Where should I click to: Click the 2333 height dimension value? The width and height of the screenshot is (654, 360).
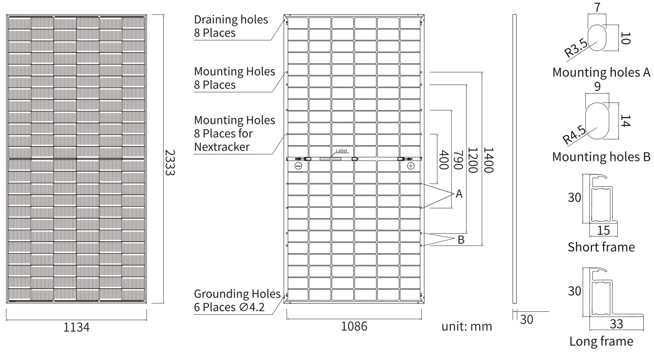point(170,162)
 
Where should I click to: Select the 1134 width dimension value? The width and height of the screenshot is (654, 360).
point(76,327)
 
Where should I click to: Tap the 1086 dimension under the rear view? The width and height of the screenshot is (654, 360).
point(354,326)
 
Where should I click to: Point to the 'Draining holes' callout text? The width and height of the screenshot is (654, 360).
point(231,20)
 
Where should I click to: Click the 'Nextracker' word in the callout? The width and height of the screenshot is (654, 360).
point(222,147)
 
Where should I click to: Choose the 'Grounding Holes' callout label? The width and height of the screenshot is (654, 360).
point(237,294)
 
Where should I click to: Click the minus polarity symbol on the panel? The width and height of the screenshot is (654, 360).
point(298,166)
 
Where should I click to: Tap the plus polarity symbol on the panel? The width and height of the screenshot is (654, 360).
point(411,166)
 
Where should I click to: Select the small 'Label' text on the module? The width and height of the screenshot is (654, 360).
point(342,151)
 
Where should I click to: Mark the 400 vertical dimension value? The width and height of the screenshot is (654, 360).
point(443,160)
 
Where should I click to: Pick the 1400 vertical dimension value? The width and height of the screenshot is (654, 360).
point(488,160)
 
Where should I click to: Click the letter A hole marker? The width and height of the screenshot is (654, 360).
point(459,194)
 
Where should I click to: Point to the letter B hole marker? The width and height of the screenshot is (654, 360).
point(461,240)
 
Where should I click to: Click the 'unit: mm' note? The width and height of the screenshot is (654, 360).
point(466,327)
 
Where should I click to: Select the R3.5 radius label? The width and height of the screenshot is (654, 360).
point(575,48)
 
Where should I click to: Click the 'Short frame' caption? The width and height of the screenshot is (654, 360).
point(601,247)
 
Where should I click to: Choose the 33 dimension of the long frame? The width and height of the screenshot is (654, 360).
point(616,324)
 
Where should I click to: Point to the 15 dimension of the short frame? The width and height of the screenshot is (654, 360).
point(603,231)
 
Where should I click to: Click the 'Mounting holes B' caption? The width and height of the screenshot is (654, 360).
point(601,157)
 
